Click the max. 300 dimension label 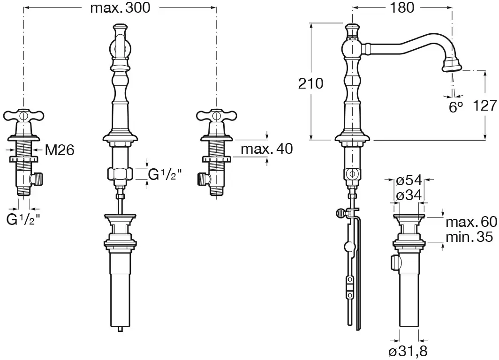[x=120, y=7]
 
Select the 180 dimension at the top [x=401, y=7]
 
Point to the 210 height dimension [x=310, y=83]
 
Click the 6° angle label [x=456, y=107]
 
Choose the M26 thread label [x=60, y=150]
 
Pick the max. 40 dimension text [x=267, y=149]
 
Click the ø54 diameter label [x=409, y=180]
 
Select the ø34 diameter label [x=409, y=195]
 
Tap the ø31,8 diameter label [x=408, y=352]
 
